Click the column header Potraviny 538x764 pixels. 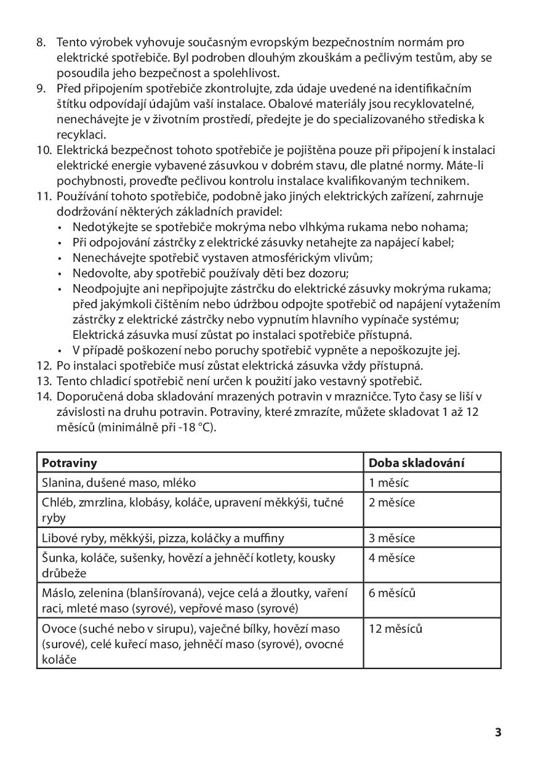point(69,463)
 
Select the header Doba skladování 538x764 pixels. point(416,463)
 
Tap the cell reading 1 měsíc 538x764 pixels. point(388,483)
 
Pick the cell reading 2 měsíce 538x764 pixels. point(391,503)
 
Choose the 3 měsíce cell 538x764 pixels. point(391,538)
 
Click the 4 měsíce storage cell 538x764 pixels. point(391,558)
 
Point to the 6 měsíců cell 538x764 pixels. point(392,594)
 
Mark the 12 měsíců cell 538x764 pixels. point(395,630)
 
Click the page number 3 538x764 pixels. point(498,733)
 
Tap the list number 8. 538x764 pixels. point(41,43)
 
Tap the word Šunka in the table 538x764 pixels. point(58,558)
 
